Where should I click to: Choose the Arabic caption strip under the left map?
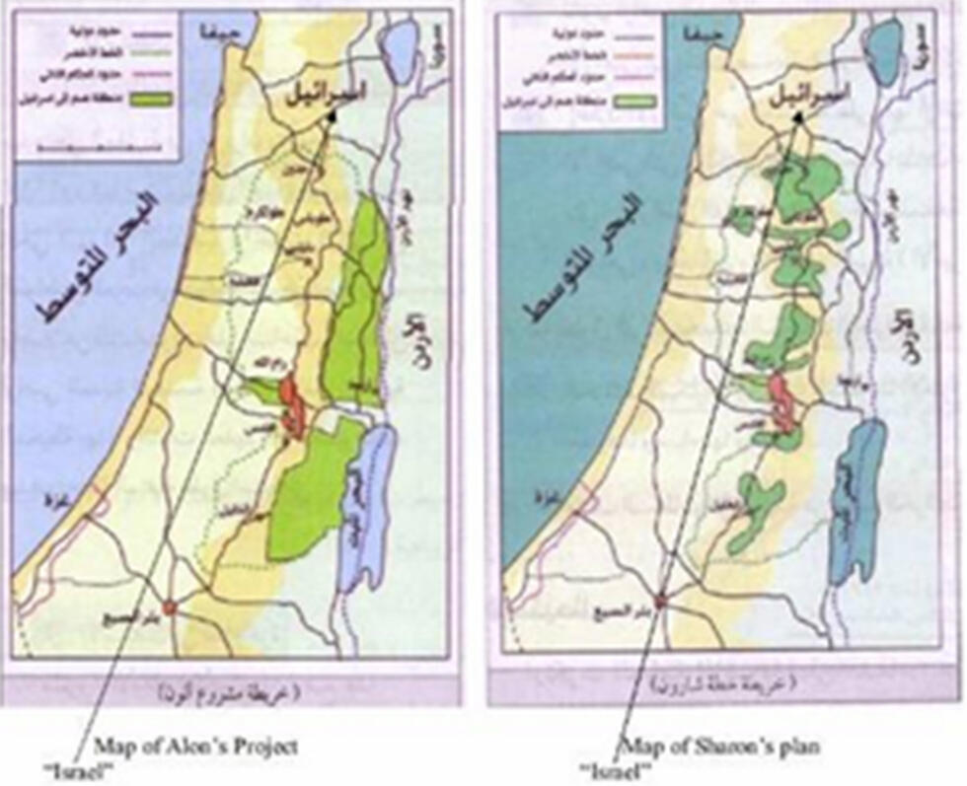click(x=236, y=689)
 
